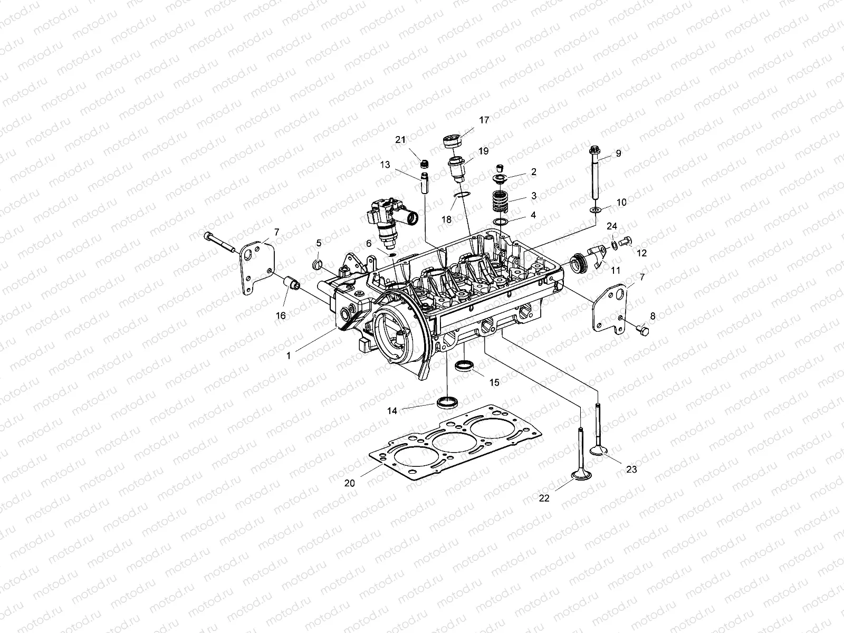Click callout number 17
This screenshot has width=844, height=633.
pos(484,120)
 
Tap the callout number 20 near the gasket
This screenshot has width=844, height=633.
pos(350,483)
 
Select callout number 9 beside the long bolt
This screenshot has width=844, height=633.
pos(618,154)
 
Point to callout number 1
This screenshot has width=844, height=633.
pos(289,356)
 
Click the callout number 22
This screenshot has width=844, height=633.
pos(544,497)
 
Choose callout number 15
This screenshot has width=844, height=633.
pos(494,382)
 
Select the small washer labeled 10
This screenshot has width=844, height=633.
pos(596,211)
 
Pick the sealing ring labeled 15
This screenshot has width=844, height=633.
pos(464,365)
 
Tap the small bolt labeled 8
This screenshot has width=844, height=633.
pos(642,330)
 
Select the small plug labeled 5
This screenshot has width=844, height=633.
pos(317,264)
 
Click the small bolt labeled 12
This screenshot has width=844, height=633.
pos(627,242)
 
